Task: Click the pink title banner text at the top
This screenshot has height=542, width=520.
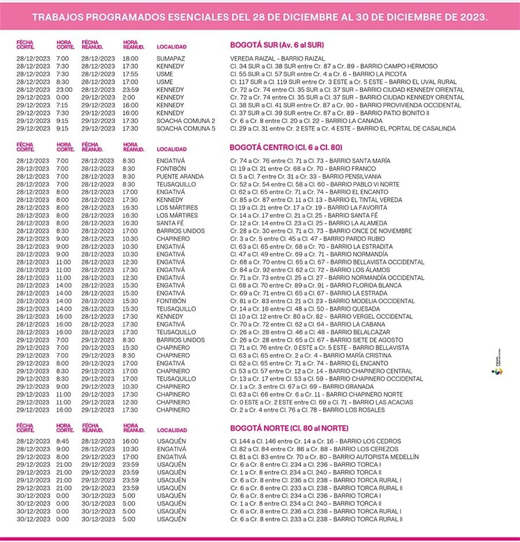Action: [260, 17]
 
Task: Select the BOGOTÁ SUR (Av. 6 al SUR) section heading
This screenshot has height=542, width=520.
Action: [277, 44]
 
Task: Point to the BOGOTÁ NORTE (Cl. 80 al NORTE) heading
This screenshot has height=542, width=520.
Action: [289, 428]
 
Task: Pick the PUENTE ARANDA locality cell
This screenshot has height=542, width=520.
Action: [180, 176]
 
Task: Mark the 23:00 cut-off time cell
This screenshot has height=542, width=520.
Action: [64, 90]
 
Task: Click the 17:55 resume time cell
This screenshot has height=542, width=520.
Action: [130, 74]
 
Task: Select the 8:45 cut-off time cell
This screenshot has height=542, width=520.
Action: [62, 441]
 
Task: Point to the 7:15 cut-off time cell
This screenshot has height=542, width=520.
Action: [62, 105]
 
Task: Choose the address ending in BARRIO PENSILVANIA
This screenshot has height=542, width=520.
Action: [306, 176]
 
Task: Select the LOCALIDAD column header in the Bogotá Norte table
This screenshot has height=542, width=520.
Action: [172, 430]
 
